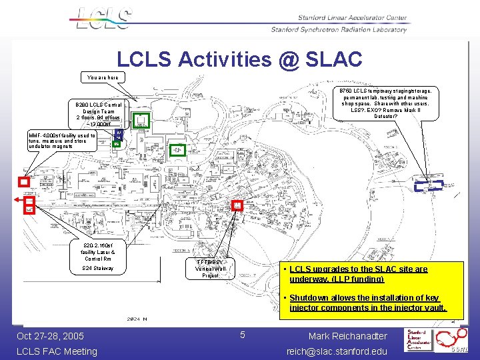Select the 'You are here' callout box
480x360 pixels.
(x=103, y=77)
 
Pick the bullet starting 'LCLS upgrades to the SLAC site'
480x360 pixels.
(x=359, y=274)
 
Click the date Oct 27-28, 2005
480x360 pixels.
(x=51, y=336)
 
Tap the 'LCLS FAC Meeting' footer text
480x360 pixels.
(x=57, y=351)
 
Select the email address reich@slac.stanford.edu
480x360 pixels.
(x=337, y=351)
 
